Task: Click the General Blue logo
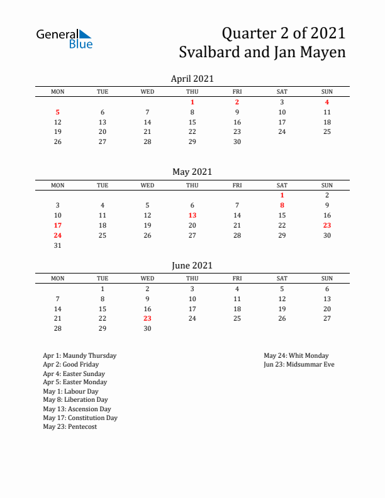click(64, 38)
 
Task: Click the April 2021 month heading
click(192, 79)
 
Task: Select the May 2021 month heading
click(192, 172)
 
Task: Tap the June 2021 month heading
click(192, 265)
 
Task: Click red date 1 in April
click(192, 102)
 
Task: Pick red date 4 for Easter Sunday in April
click(327, 102)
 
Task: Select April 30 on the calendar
click(237, 142)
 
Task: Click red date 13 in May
click(192, 215)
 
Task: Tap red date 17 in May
click(58, 225)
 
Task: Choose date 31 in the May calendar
click(58, 245)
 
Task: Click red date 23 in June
click(147, 319)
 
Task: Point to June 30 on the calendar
click(147, 329)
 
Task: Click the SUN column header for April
click(327, 92)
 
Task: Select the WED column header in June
click(147, 279)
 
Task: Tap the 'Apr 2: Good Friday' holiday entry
click(70, 364)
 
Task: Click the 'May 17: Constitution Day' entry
click(80, 418)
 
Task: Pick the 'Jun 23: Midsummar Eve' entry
click(299, 364)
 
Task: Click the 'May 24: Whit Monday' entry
click(296, 355)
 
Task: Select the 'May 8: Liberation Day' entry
click(75, 400)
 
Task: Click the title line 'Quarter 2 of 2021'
click(284, 33)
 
